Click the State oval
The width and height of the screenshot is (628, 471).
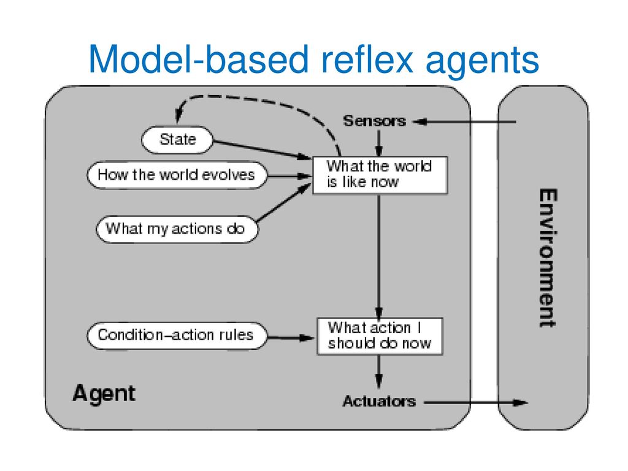point(177,140)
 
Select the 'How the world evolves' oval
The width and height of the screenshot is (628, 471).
point(177,175)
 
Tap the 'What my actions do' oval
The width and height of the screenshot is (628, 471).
point(177,229)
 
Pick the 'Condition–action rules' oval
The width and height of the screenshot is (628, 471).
point(177,335)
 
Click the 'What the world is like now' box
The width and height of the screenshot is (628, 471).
point(380,175)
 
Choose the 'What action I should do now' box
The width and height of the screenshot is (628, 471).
point(380,337)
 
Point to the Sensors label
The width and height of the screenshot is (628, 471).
point(375,121)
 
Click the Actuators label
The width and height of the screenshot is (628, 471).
point(379,401)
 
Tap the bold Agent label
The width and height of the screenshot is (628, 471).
point(104,393)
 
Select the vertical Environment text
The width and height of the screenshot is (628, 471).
point(548,258)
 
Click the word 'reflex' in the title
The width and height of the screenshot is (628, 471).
point(367,59)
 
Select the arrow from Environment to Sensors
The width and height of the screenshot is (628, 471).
point(464,121)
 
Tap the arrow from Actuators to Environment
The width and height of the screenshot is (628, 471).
point(476,402)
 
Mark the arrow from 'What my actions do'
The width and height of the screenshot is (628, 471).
point(283,202)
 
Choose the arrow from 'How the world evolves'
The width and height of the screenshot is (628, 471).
point(289,176)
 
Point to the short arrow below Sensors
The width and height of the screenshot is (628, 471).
point(379,144)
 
